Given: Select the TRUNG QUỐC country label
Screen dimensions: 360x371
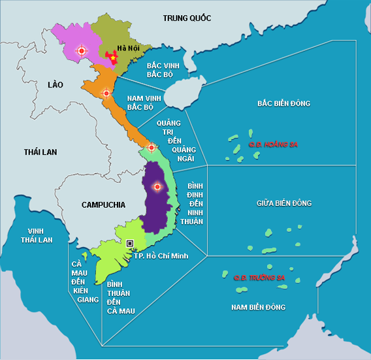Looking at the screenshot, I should [187, 18].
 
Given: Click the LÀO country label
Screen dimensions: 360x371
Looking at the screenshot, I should [54, 84].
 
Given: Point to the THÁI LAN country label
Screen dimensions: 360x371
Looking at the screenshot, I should [40, 152].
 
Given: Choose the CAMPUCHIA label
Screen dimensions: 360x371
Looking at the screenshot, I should [103, 205].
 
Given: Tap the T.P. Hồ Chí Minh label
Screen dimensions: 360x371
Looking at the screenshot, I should [161, 255].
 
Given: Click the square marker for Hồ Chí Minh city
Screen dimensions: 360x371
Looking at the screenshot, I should [130, 243].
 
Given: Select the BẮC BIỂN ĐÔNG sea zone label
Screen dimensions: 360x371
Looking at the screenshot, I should [283, 103].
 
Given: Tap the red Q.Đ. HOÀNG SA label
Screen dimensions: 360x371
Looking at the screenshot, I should [272, 144].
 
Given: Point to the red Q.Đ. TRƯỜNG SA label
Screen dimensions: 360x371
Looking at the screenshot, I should [259, 278].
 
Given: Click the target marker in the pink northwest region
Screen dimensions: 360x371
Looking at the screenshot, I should [81, 50].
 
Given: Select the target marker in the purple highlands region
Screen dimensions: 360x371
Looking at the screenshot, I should [156, 187].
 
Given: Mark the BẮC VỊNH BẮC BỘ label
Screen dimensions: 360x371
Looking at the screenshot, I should [163, 70].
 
